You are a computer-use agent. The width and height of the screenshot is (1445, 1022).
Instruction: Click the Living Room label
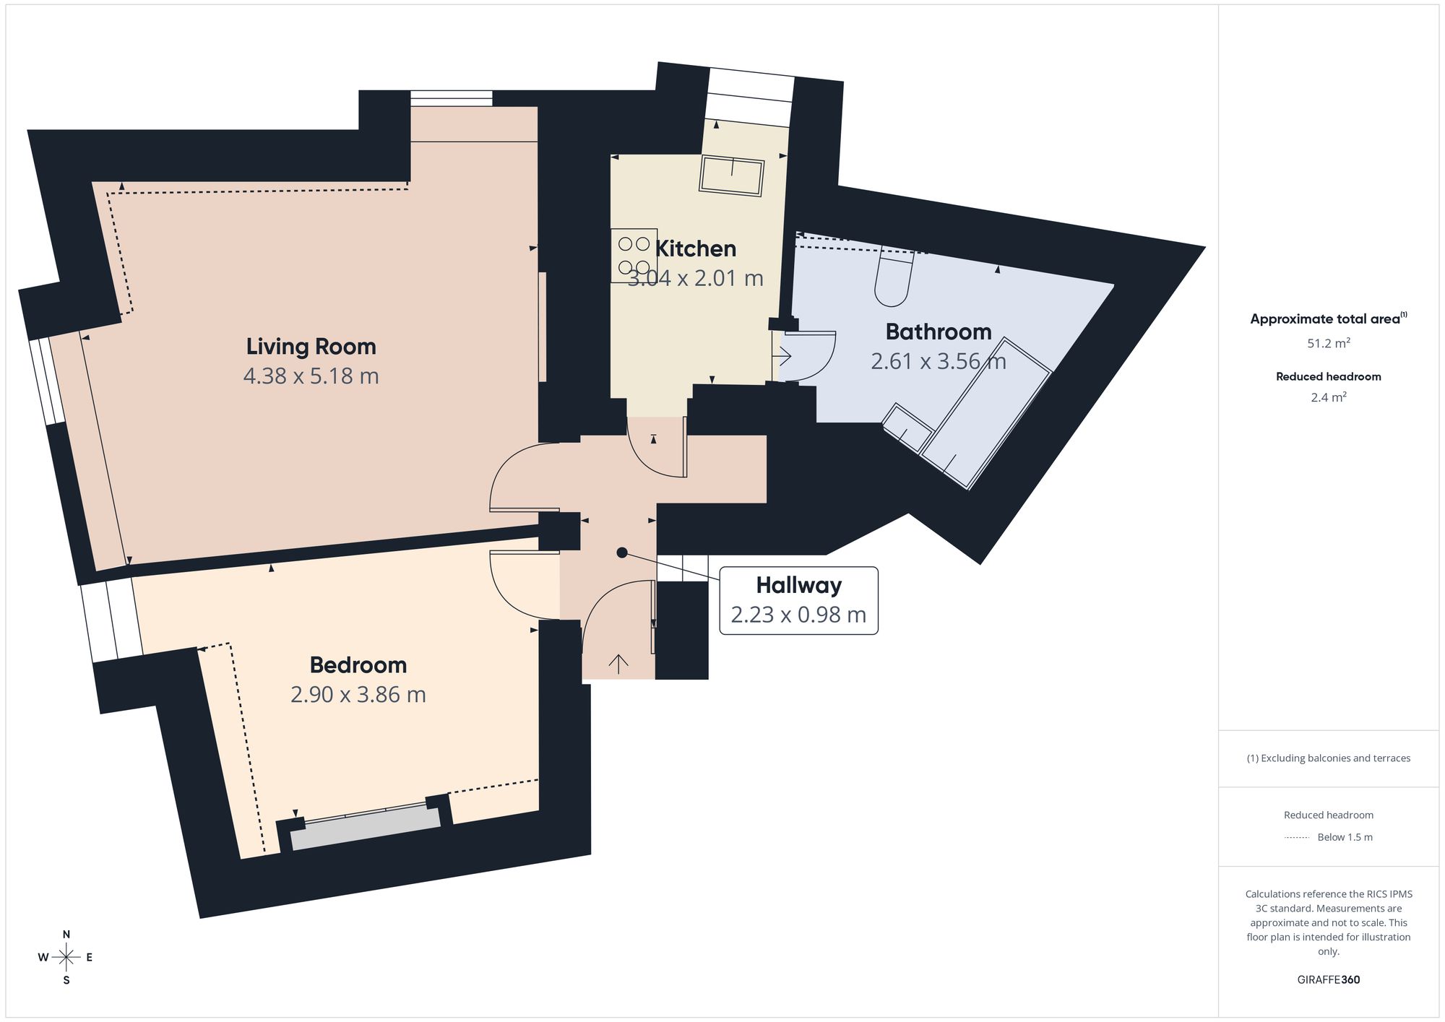tap(311, 347)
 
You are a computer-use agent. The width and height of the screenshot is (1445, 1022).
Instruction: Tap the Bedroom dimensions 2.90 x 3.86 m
tap(358, 694)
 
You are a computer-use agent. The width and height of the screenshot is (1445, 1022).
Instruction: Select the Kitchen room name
tap(696, 248)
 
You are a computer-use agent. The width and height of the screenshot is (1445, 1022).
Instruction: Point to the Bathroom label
tap(939, 332)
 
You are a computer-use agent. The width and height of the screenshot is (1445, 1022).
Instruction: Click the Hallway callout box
tap(799, 600)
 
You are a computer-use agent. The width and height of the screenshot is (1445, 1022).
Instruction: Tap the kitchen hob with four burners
tap(634, 256)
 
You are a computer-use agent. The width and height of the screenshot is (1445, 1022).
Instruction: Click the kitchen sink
tap(732, 176)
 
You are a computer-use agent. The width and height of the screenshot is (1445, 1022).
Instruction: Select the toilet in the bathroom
tap(893, 277)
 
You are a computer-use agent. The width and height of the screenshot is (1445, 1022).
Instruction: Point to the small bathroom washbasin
tap(908, 428)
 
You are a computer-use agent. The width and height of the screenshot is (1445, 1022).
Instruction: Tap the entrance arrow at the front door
tap(618, 664)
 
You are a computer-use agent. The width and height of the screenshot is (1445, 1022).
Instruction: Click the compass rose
tap(66, 958)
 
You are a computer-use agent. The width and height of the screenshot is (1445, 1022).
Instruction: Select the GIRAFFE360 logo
tap(1329, 979)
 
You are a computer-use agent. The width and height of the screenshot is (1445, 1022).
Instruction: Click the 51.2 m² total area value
tap(1329, 343)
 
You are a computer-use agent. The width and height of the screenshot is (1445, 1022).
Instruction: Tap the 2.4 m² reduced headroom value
tap(1329, 397)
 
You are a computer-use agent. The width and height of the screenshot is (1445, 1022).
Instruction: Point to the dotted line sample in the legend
tap(1297, 838)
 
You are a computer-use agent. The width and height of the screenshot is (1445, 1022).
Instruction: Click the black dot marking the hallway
tap(621, 553)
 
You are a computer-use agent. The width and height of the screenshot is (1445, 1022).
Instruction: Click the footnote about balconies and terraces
tap(1329, 758)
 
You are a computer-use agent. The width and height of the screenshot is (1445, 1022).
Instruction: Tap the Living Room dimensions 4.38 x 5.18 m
tap(311, 376)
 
